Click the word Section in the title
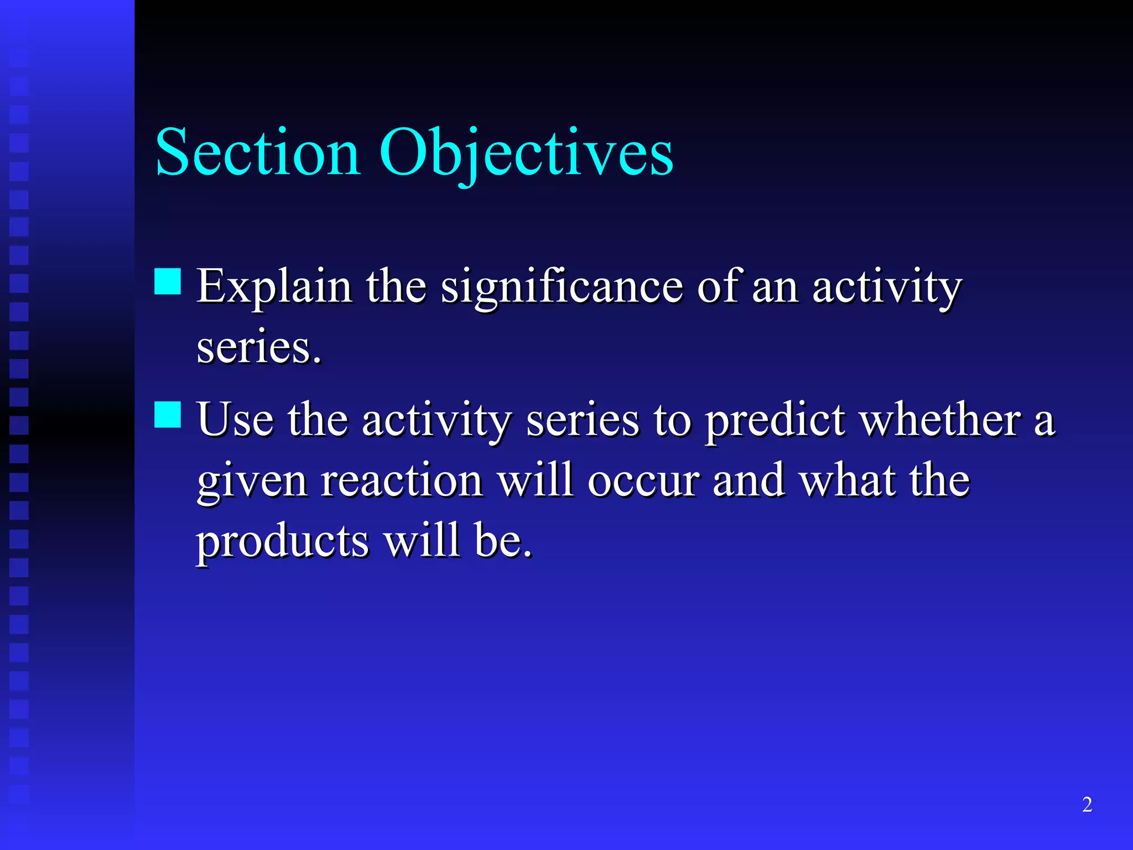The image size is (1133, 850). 258,152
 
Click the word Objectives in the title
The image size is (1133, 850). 526,152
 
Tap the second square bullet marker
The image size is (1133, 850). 168,414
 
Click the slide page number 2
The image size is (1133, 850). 1087,804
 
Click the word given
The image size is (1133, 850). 252,481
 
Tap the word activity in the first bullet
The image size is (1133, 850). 887,288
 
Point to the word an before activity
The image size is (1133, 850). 775,288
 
